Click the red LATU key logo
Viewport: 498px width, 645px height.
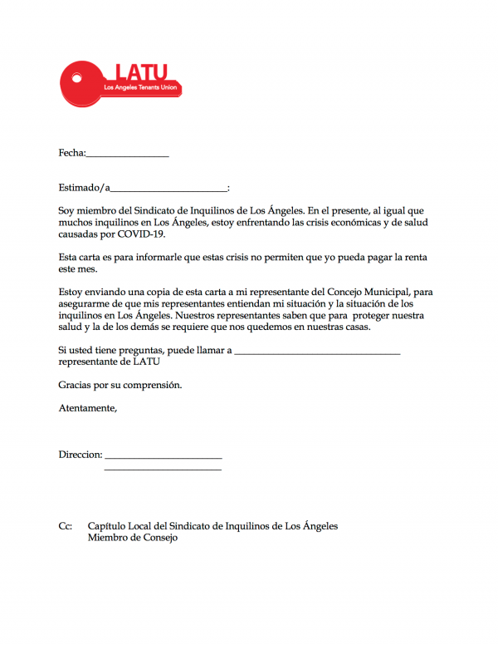tap(120, 84)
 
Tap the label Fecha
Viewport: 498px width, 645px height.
tap(71, 153)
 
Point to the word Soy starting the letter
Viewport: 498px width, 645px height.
tap(67, 211)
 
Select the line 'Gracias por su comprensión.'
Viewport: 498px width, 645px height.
tap(120, 385)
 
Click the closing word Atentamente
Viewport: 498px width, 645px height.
tap(87, 408)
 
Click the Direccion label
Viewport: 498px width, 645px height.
tap(81, 455)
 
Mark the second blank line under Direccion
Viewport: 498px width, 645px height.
tap(163, 470)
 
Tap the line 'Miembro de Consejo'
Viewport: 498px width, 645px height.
tap(132, 538)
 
